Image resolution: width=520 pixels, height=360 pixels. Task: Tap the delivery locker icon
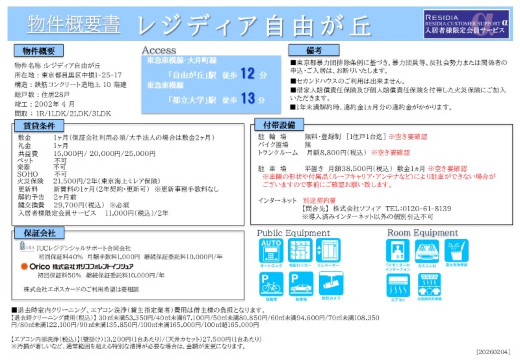298,253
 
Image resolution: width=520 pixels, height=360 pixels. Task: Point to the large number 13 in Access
248,99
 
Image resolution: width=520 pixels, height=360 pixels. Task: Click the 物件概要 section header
38,51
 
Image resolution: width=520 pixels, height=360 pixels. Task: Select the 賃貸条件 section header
38,125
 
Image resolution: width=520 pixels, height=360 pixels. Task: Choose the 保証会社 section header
38,233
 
